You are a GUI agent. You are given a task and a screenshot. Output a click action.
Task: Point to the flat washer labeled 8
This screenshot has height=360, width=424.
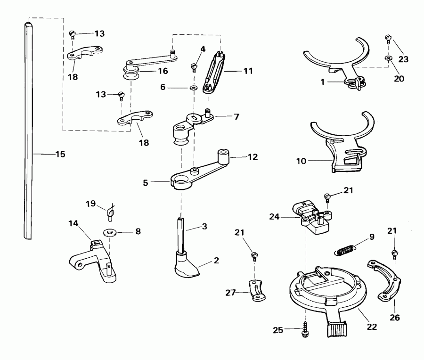tap(111, 232)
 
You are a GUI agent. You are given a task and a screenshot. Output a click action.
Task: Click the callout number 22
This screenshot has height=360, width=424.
tap(372, 326)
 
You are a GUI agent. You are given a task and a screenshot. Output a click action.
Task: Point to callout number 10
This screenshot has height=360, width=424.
tap(301, 161)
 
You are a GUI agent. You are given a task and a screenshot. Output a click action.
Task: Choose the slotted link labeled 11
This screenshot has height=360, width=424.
tap(215, 71)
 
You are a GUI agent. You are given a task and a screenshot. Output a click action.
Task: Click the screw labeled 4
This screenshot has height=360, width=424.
tap(194, 65)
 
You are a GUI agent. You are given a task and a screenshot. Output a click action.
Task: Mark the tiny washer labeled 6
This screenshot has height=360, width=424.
tap(194, 87)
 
